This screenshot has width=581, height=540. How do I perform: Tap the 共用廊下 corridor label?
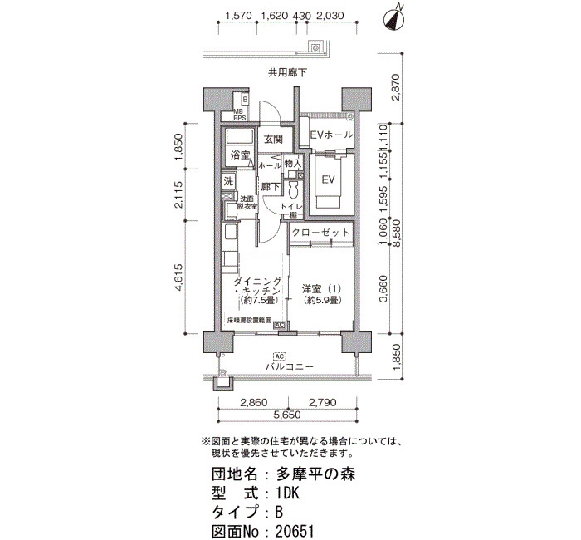click(287, 72)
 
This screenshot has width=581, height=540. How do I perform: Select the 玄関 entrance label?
click(274, 139)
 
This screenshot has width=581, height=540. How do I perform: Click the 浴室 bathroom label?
click(240, 155)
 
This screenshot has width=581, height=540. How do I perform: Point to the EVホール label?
click(331, 135)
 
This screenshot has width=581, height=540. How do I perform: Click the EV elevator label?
click(327, 179)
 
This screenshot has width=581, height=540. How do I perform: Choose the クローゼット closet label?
click(321, 233)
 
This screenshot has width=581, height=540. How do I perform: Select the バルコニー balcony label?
click(289, 366)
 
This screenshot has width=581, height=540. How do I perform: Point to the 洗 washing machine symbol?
click(227, 181)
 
